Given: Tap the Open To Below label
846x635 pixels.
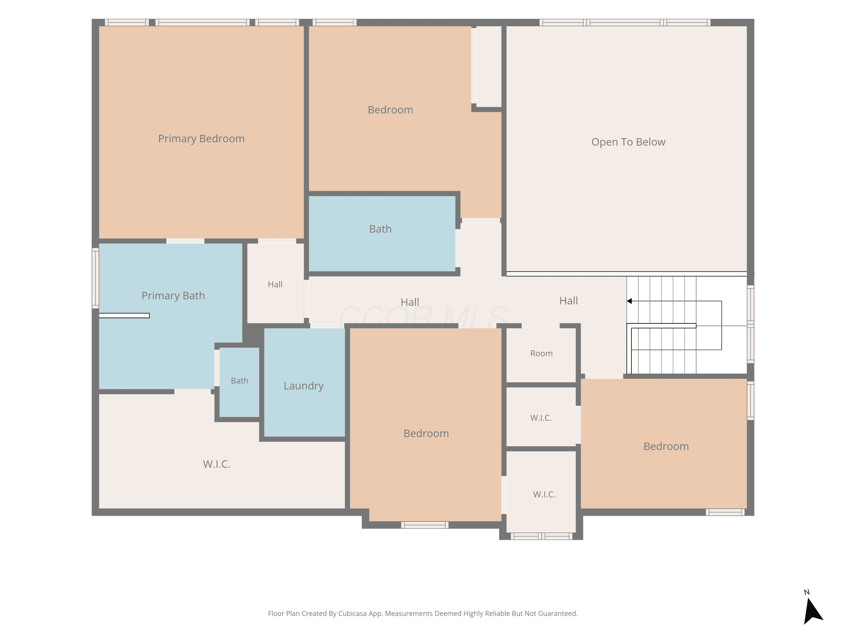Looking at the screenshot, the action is coord(628,142).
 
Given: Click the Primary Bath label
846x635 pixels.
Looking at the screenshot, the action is coord(173,296).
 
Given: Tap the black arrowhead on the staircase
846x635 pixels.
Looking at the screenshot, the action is coord(629,301).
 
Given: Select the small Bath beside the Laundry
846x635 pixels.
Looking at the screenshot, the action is coord(239,382).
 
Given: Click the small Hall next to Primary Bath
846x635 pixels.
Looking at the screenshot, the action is coord(275,283).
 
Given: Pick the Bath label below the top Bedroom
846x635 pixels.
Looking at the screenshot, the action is coord(380,229).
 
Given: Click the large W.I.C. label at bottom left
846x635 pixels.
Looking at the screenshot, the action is coord(217,464).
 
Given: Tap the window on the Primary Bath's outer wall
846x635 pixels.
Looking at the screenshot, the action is coord(95,278).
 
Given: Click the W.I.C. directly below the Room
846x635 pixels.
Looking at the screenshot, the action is coord(541,417).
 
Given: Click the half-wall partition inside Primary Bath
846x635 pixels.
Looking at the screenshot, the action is coord(124,316).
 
